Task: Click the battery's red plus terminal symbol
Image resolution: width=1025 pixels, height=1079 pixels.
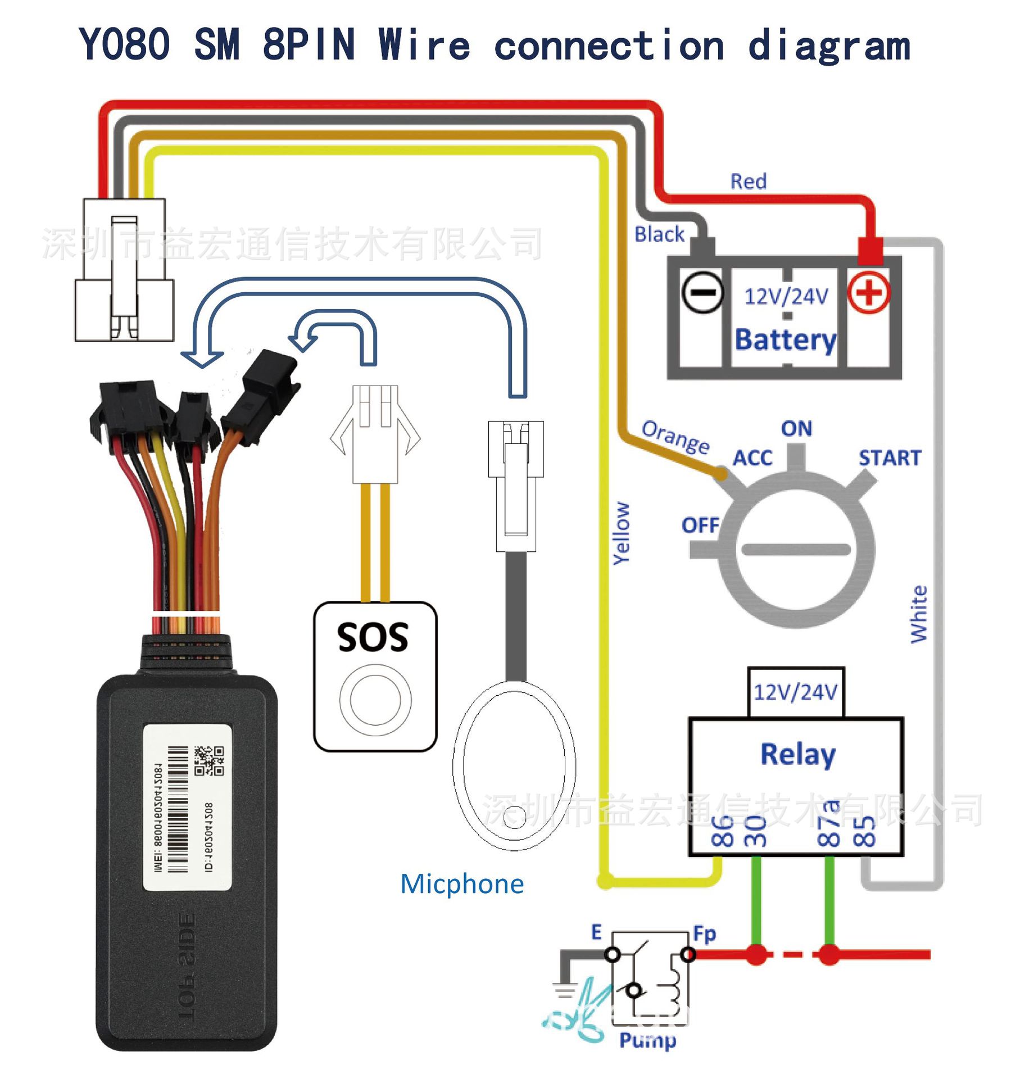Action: (x=868, y=293)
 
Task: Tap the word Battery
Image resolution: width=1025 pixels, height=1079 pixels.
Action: (x=786, y=340)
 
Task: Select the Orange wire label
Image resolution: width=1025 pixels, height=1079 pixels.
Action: (x=675, y=437)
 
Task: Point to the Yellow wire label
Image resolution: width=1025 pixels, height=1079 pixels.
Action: (x=621, y=533)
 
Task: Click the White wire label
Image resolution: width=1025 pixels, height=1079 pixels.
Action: (x=919, y=614)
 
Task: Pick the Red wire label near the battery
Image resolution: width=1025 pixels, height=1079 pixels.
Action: (x=748, y=182)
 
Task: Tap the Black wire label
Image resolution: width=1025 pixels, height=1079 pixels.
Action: (x=659, y=234)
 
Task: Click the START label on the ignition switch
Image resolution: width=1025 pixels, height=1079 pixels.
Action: (x=890, y=458)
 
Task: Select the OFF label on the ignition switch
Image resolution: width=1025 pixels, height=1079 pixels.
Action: (x=700, y=525)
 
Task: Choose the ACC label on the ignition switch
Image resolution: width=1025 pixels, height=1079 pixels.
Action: (x=752, y=458)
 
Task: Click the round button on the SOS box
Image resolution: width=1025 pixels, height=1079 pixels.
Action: (x=375, y=700)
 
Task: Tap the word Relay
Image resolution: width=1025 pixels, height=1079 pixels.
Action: (x=797, y=754)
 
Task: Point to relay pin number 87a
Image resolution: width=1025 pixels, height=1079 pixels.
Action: (x=829, y=823)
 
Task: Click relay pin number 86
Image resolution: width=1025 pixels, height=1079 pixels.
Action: (x=722, y=831)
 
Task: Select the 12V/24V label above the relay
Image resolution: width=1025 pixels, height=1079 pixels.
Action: (x=795, y=692)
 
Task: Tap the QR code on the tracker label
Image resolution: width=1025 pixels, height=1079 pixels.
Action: (x=209, y=760)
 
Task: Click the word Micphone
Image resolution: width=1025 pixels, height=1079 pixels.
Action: (x=462, y=884)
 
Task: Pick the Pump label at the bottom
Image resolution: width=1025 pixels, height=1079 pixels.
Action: (x=647, y=1040)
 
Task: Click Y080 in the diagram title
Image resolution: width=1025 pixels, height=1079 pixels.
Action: (x=124, y=44)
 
